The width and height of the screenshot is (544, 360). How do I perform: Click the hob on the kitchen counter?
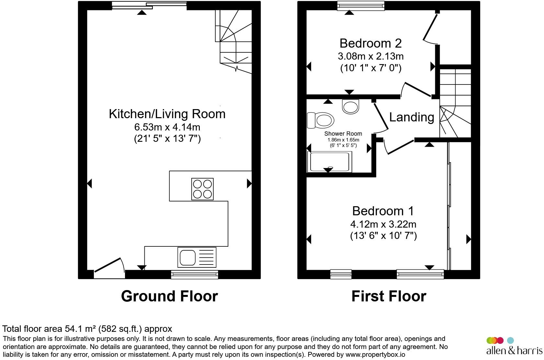[202, 189]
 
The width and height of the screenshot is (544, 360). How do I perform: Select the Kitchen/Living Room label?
[167, 114]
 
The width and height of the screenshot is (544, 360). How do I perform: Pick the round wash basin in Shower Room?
[351, 107]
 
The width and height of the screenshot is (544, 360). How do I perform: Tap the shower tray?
[330, 162]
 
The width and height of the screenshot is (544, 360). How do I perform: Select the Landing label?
[411, 117]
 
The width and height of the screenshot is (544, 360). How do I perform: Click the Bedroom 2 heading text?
[370, 43]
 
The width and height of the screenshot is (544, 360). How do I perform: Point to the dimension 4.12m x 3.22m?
[383, 224]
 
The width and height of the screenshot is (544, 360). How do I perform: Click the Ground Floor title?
[169, 296]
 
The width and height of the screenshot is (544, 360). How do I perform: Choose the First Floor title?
[389, 296]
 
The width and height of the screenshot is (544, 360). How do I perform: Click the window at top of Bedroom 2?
[360, 6]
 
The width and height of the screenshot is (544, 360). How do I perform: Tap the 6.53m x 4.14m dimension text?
[167, 127]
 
